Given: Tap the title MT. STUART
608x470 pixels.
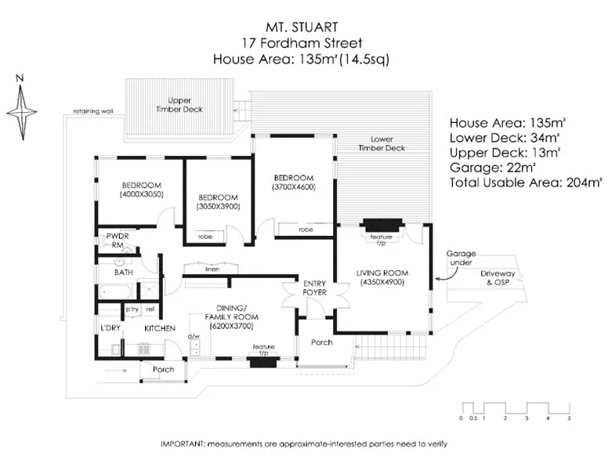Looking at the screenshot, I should click(302, 27).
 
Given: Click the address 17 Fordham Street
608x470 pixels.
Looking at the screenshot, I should click(302, 43).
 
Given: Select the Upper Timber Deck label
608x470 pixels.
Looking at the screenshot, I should click(185, 105).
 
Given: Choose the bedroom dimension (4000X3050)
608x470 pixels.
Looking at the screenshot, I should click(141, 193).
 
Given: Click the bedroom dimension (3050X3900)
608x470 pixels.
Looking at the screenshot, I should click(218, 206).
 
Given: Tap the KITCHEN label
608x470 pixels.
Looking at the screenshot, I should click(159, 328).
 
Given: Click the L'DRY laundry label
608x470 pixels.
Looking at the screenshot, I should click(110, 328).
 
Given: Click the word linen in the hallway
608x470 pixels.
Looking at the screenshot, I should click(212, 269).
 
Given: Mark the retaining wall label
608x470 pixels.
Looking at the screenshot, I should click(93, 111).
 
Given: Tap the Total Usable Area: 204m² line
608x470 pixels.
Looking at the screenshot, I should click(526, 183).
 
